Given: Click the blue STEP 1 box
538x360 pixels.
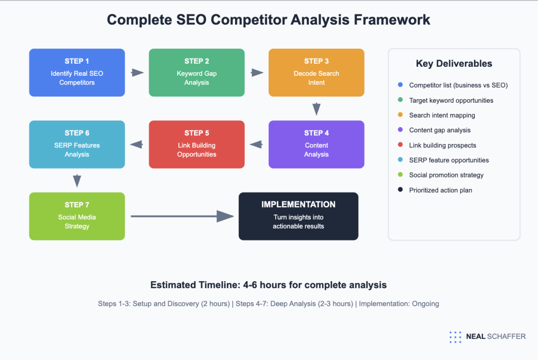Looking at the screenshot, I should [77, 73].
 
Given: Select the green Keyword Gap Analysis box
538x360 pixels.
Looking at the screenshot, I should [196, 73].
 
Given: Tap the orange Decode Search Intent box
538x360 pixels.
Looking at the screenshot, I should [316, 73].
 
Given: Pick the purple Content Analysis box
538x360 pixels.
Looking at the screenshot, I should [316, 144].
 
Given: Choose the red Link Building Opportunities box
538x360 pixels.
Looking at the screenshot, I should [196, 144].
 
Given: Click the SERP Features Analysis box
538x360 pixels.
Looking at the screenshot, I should [77, 144].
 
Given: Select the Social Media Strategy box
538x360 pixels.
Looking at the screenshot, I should [77, 216].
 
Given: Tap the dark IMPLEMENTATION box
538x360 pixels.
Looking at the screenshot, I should [298, 216].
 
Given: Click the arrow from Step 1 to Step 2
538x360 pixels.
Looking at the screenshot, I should [137, 73].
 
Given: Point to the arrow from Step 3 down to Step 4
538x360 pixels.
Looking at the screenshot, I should [317, 109].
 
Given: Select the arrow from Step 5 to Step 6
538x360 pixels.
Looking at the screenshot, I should [136, 144].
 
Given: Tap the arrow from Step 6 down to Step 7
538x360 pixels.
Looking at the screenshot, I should [77, 181].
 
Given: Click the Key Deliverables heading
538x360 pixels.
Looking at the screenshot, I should [454, 64].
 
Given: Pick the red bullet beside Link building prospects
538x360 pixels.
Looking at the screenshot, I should [400, 145].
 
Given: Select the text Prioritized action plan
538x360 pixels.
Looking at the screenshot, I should [440, 190].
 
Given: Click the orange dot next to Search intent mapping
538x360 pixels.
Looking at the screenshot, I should [400, 115].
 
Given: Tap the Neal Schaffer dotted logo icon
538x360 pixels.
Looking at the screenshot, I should [455, 337].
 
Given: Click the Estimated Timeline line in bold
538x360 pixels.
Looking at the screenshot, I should [269, 285].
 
